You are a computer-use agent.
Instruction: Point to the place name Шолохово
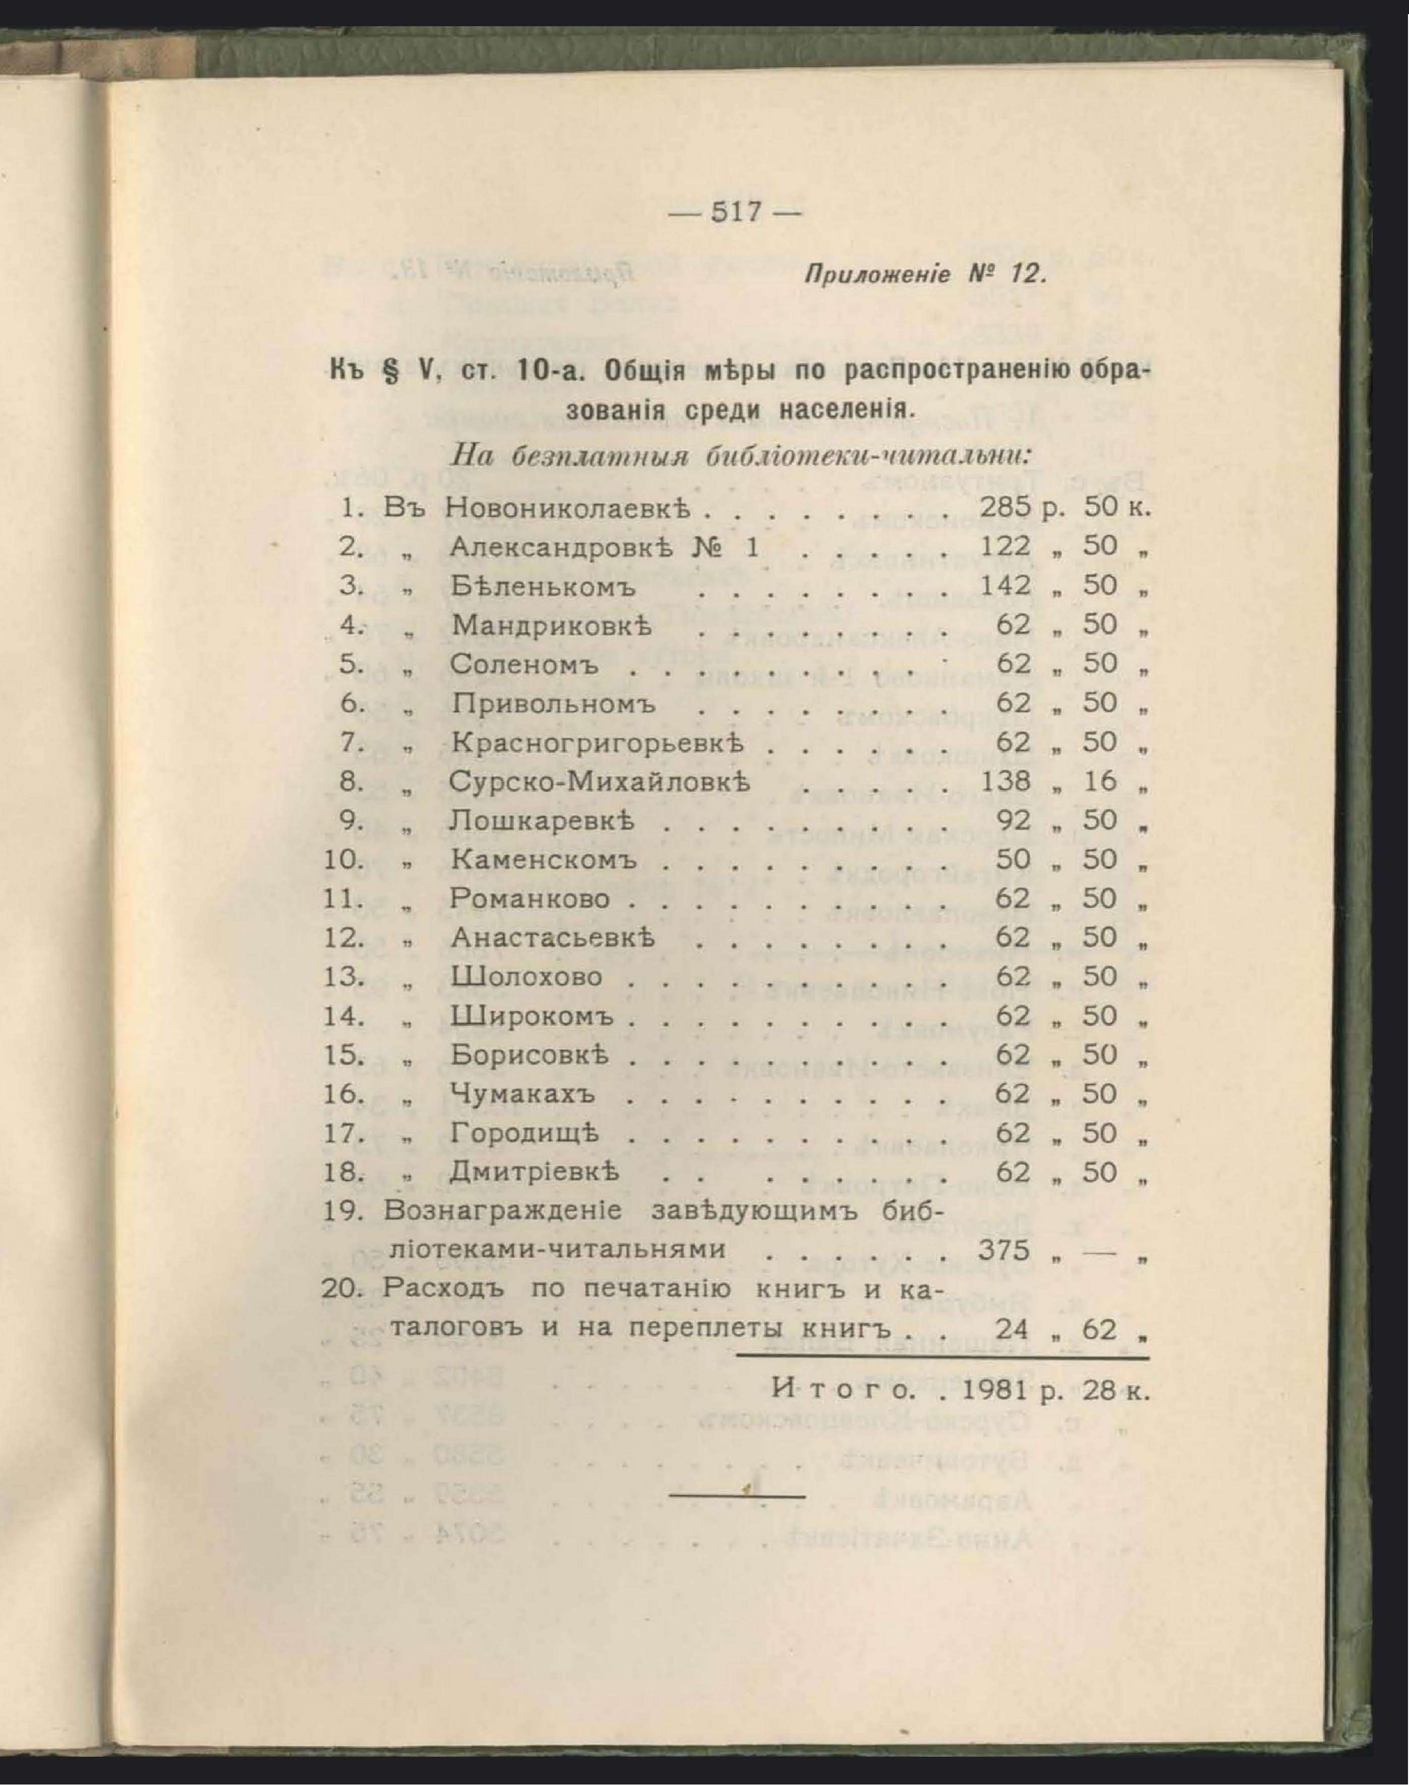coord(526,976)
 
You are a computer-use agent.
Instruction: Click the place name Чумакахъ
coord(523,1095)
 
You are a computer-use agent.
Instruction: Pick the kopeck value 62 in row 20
coord(1100,1329)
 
